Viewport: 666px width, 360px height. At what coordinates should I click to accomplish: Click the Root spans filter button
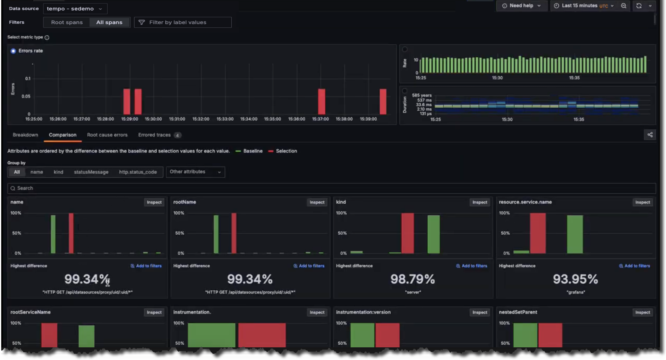pos(67,22)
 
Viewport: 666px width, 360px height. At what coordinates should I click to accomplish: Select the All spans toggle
pos(109,22)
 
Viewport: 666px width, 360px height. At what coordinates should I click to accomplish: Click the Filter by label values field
pos(183,22)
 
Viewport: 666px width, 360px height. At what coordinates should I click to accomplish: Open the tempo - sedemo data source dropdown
pos(75,9)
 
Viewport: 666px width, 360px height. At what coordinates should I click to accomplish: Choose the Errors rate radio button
pos(13,51)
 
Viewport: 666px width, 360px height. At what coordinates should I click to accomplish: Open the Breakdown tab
pos(25,135)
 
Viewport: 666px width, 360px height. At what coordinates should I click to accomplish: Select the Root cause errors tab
pos(107,135)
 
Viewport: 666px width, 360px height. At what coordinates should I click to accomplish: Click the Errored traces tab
pos(154,135)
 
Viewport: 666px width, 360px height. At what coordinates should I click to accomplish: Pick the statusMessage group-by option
pos(91,172)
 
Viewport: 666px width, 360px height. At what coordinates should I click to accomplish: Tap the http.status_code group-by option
pos(138,172)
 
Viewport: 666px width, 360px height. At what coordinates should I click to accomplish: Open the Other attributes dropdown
pos(195,172)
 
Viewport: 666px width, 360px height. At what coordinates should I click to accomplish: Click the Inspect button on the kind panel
pos(480,202)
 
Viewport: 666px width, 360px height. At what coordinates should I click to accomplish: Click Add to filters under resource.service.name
pos(634,266)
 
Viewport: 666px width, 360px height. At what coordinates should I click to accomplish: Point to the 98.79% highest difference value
pos(413,279)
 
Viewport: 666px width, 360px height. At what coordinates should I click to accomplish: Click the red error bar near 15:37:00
pos(322,101)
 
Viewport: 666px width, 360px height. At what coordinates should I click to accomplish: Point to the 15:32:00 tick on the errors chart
pos(201,119)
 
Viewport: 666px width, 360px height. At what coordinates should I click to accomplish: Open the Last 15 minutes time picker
pos(582,6)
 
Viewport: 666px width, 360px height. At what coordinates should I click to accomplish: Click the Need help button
pos(521,6)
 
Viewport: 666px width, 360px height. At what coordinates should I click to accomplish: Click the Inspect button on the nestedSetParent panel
pos(642,312)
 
